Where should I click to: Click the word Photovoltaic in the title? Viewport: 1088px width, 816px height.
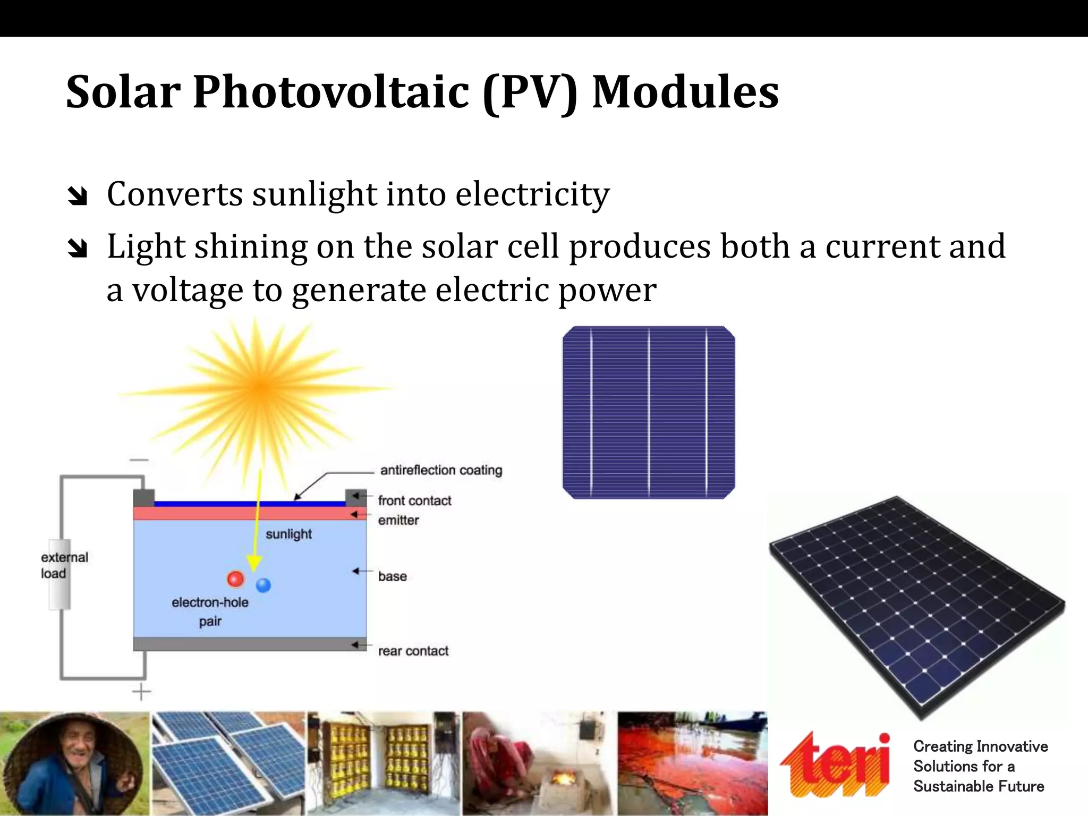point(330,93)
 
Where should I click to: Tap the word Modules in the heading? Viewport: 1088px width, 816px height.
point(685,93)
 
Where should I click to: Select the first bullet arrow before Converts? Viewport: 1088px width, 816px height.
point(78,197)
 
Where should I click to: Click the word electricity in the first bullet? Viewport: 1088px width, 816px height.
point(532,194)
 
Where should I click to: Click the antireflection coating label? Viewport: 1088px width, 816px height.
point(441,470)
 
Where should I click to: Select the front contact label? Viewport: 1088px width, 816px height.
point(414,500)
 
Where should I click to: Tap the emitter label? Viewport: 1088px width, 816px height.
point(398,520)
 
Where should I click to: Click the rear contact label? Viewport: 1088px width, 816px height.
point(413,651)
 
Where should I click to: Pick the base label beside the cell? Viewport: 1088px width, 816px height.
point(392,576)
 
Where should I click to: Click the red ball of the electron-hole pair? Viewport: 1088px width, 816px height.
point(235,579)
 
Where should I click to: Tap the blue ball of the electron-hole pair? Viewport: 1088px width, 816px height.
point(263,585)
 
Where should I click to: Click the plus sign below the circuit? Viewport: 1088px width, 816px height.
point(141,692)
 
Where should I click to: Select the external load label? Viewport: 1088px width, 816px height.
point(64,565)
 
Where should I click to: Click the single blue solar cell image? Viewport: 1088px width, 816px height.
point(649,413)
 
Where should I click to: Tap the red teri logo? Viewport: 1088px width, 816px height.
point(835,765)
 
